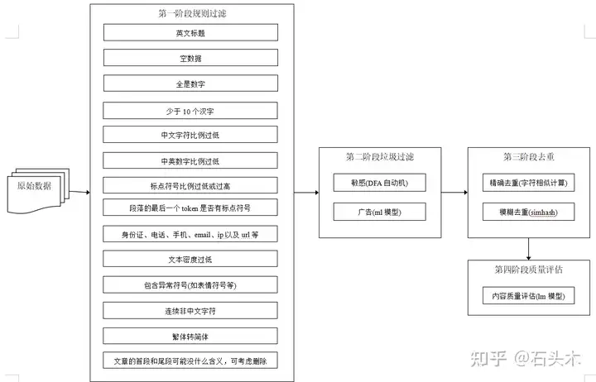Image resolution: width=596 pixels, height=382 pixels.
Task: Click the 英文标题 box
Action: (190, 32)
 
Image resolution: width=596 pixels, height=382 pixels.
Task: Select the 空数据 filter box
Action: (190, 58)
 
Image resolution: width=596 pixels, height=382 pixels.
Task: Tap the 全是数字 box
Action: (190, 84)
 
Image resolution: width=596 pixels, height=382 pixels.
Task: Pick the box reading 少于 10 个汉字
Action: (190, 109)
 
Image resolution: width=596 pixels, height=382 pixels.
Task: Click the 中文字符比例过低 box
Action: (190, 135)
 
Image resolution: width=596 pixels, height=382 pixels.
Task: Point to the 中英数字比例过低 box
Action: (190, 160)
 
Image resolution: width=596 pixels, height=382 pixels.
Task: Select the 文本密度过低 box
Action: (190, 259)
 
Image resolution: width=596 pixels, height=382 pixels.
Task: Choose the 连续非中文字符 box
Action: (190, 309)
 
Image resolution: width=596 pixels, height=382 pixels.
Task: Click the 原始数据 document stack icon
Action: (37, 187)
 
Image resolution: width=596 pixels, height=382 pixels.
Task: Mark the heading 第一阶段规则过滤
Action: (190, 13)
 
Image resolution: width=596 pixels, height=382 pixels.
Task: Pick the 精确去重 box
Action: (527, 182)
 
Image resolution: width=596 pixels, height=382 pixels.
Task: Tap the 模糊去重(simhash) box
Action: (527, 212)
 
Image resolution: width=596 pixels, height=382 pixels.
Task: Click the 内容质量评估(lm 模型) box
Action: (527, 294)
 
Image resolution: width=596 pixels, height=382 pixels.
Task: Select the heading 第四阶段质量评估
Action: (527, 270)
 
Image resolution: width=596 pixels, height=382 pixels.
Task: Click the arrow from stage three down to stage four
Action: (527, 246)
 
